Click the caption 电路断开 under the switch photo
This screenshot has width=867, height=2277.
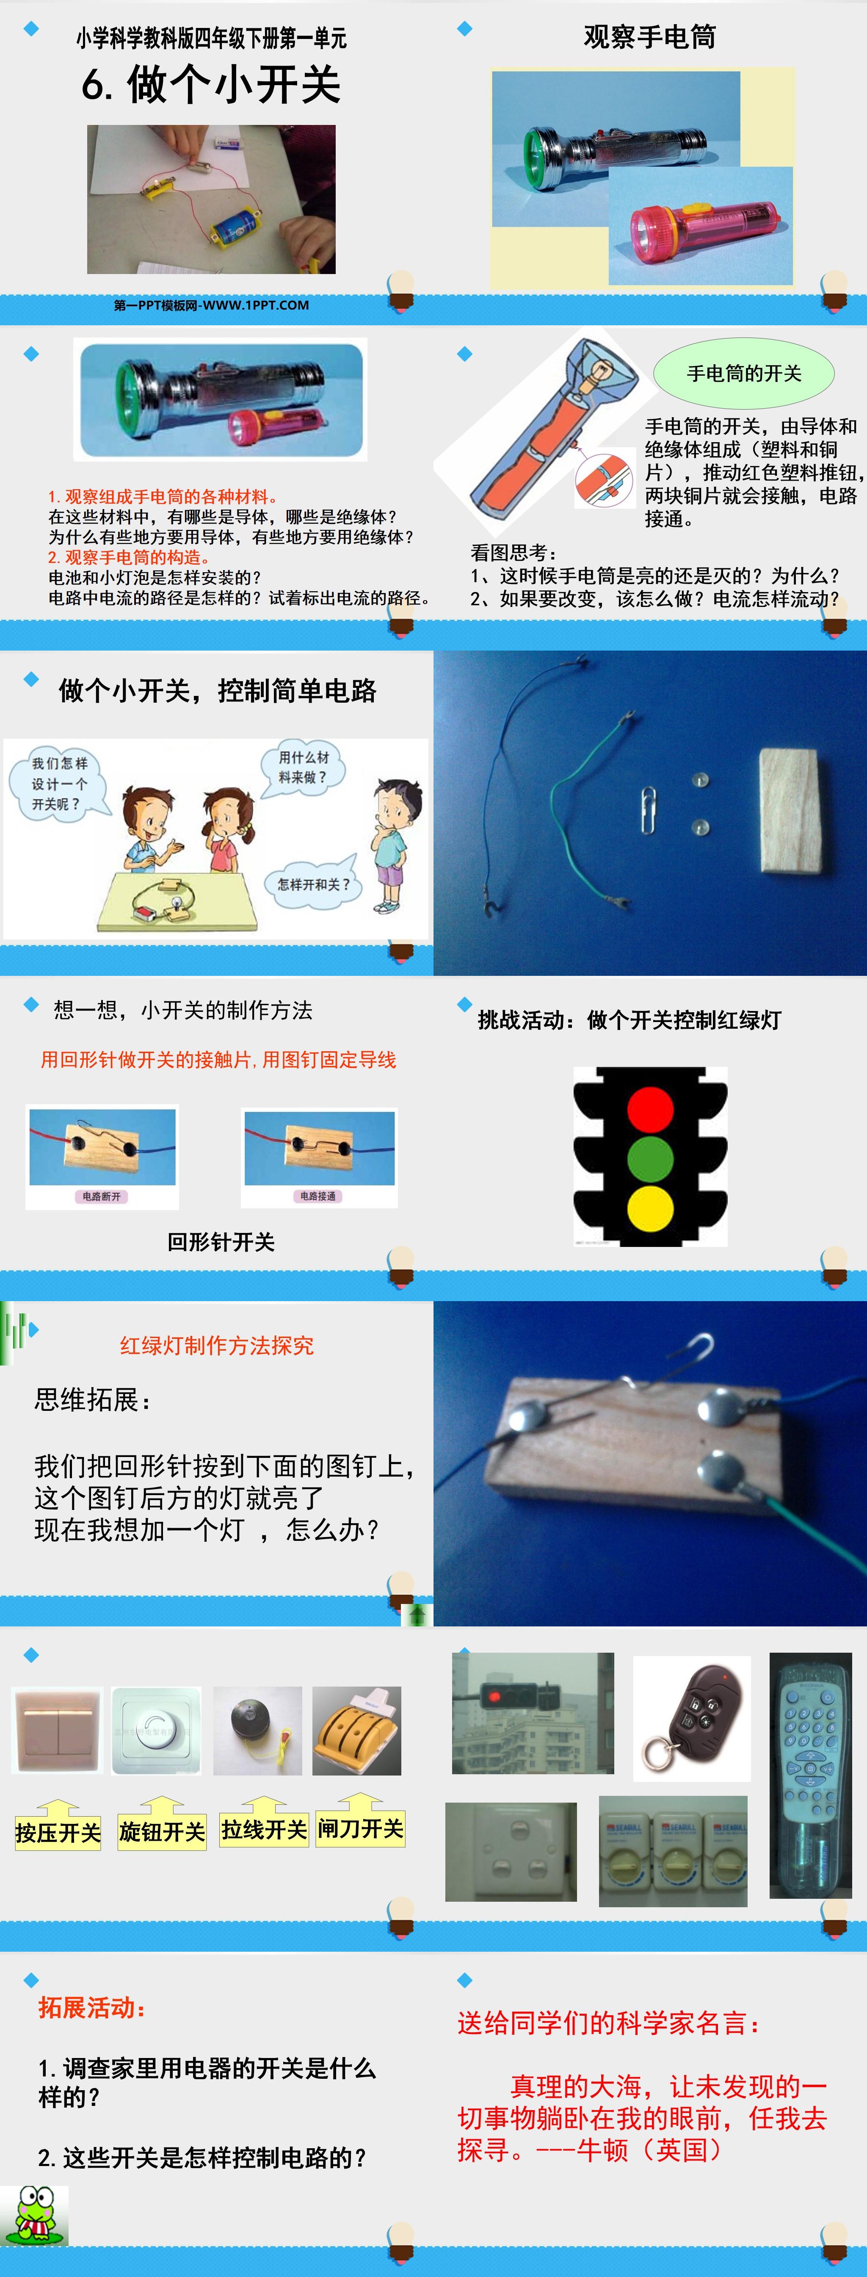[x=102, y=1196]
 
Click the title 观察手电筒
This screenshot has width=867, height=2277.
[x=649, y=37]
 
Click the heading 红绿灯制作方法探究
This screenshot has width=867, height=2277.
[x=216, y=1345]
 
